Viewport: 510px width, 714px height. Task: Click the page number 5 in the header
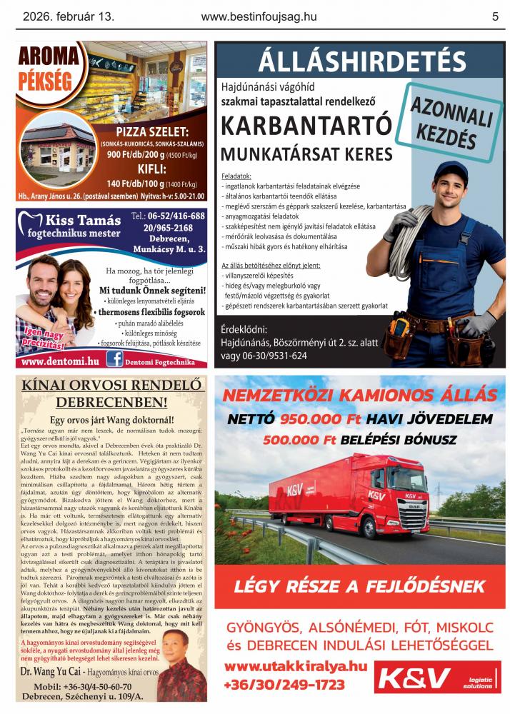[x=495, y=16]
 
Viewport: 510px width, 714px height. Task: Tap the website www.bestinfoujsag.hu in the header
[x=259, y=16]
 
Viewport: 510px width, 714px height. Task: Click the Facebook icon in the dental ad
[x=114, y=361]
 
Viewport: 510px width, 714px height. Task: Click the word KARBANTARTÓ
[x=307, y=126]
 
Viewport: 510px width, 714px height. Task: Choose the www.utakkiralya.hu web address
[x=295, y=667]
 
